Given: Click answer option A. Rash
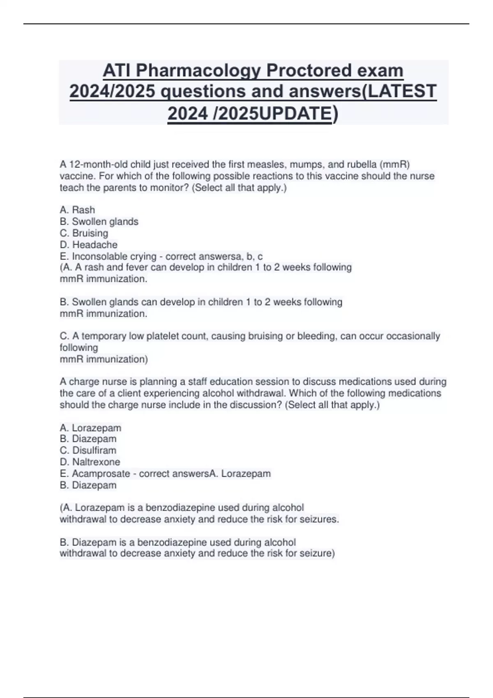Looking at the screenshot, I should point(77,210).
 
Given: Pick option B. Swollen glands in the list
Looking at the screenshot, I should point(99,222).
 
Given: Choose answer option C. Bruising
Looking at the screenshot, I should point(84,233).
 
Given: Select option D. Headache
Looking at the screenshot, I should point(88,245).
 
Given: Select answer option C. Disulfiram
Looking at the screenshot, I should point(88,450).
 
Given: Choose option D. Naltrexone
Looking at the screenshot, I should point(90,462).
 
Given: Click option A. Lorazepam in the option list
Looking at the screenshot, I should point(90,428).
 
